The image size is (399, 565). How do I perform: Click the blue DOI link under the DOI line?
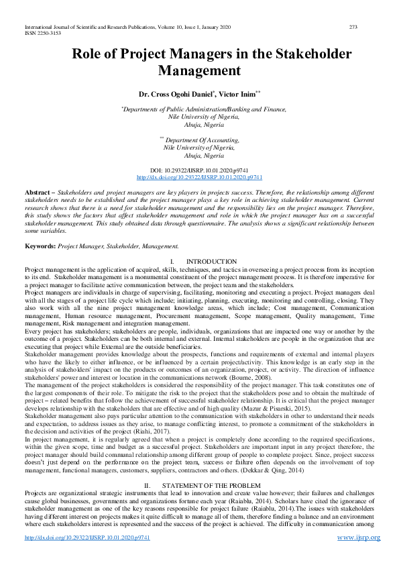(199, 178)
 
